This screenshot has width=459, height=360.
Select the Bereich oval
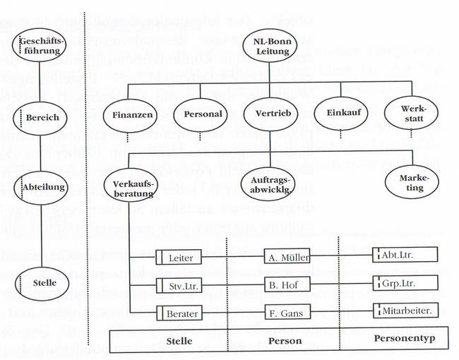42,116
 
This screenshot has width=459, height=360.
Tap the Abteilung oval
43,187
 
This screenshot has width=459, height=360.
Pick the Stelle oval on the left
43,283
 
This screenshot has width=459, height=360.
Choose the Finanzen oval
133,114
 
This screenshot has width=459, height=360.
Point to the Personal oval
203,114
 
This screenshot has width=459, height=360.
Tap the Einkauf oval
338,114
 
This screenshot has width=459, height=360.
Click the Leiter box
180,257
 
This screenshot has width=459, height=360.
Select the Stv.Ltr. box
180,286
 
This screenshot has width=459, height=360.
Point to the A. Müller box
287,257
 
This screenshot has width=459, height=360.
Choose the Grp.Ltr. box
405,283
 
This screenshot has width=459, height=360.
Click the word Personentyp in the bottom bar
405,340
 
